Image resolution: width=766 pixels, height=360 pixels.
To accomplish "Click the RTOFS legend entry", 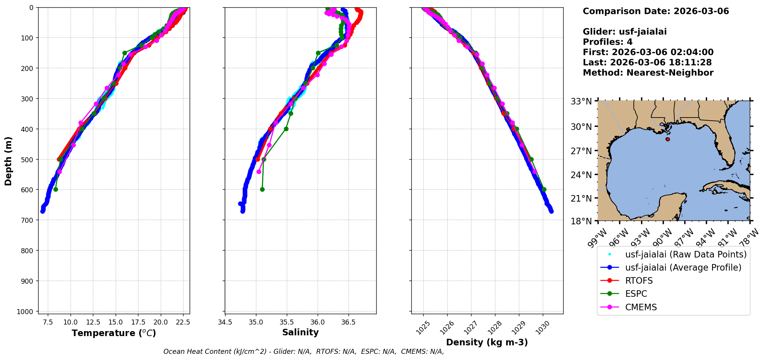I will (x=639, y=281).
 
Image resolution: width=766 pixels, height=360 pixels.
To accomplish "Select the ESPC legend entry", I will (x=636, y=294).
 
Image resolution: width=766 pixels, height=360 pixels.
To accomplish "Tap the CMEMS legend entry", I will (x=641, y=307).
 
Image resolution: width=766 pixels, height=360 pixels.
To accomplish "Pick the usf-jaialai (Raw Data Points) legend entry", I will (x=685, y=254).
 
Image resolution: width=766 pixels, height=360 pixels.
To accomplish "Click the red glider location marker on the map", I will (x=668, y=139).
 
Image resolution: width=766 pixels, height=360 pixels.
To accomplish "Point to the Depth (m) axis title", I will (x=8, y=161).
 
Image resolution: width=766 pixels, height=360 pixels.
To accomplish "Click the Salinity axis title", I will (x=300, y=333).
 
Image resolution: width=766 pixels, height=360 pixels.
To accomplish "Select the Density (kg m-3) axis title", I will (x=487, y=342).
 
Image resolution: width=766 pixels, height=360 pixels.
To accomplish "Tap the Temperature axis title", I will (x=114, y=333).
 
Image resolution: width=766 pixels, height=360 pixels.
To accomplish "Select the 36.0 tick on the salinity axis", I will (x=317, y=321).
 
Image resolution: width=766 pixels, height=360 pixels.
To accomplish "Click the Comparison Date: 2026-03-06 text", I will (x=656, y=11).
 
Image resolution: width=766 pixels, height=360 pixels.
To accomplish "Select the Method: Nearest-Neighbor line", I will (x=648, y=73).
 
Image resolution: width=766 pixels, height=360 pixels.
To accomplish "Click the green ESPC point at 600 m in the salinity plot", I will (x=262, y=189).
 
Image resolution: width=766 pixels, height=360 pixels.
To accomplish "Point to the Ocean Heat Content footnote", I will (x=303, y=352).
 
